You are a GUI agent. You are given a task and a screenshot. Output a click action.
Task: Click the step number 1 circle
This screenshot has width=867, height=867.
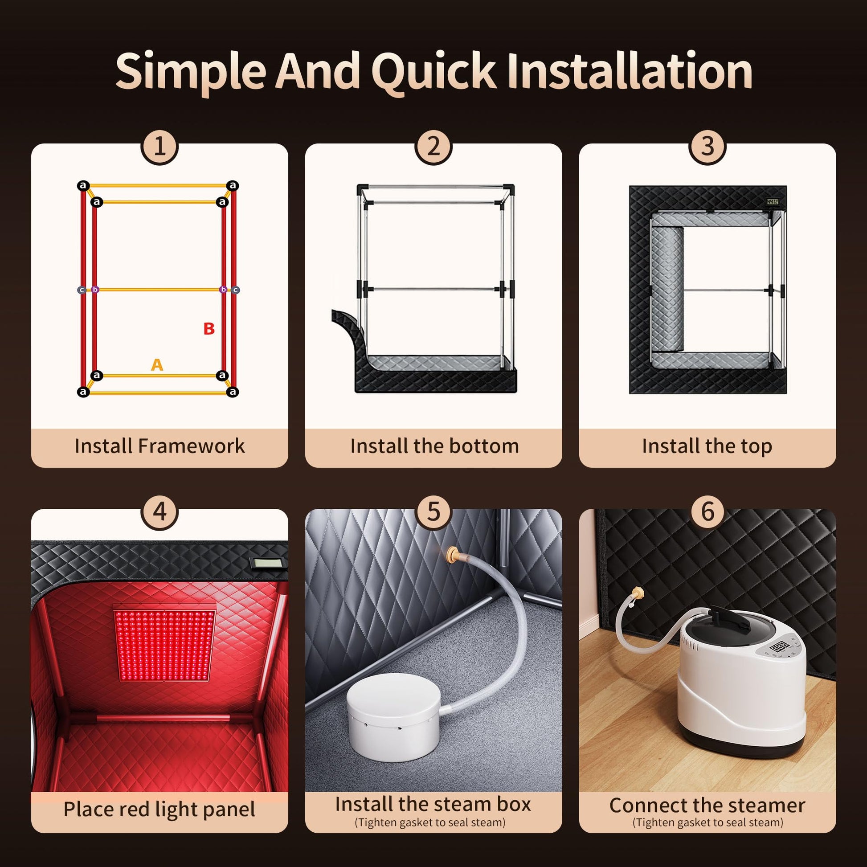pos(160,147)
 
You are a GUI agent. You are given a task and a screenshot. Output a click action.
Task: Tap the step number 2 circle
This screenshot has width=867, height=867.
pos(433,147)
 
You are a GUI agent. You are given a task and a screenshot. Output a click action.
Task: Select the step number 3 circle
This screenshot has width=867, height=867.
pos(708,147)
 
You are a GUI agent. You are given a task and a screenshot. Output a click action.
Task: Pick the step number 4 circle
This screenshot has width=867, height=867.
pos(160,512)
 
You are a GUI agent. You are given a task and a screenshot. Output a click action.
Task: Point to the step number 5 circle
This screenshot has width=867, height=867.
pos(433,512)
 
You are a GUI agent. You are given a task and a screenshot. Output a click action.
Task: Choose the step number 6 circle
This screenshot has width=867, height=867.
pos(708,512)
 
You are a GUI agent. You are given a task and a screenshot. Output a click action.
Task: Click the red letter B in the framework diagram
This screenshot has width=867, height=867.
pos(209,329)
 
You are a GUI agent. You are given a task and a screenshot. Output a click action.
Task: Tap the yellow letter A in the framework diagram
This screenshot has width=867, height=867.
pos(157,365)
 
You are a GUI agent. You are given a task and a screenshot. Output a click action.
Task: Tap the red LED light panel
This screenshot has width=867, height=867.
pos(165,645)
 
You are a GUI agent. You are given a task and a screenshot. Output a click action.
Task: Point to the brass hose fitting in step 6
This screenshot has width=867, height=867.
pos(637,593)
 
